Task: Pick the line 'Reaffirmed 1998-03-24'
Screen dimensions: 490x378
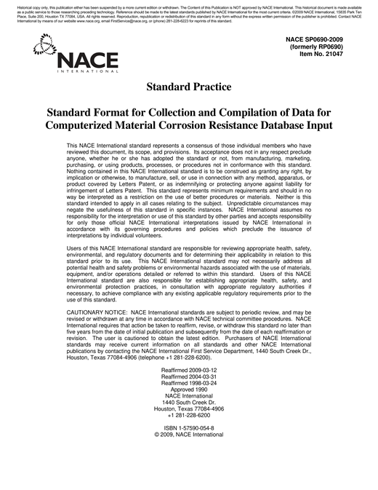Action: click(x=189, y=384)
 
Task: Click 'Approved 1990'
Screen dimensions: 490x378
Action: click(x=189, y=390)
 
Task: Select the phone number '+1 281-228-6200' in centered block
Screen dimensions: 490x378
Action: click(x=189, y=416)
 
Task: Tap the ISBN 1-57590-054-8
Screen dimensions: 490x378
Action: click(x=189, y=429)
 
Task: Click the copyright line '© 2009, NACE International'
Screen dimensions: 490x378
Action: click(x=189, y=435)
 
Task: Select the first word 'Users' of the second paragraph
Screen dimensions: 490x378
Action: click(x=74, y=250)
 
